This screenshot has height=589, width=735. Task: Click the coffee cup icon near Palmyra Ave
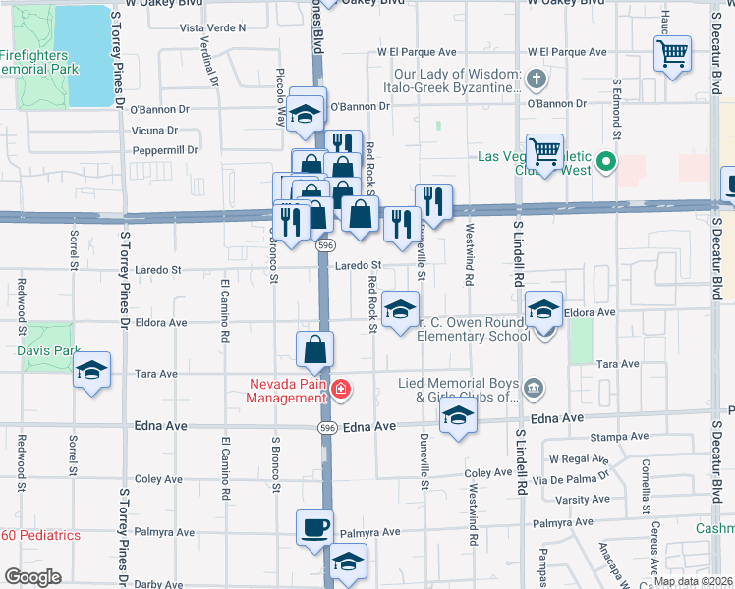(x=315, y=527)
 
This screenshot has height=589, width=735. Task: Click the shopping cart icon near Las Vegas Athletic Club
(x=544, y=151)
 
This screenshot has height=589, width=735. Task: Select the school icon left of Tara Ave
(x=92, y=370)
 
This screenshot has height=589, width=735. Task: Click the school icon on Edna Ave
(x=457, y=416)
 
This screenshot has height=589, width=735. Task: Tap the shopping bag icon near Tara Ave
(x=315, y=348)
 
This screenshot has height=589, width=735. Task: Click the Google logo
(x=32, y=577)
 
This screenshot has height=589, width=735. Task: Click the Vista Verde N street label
(x=213, y=28)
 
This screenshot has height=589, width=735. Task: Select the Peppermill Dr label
(x=164, y=150)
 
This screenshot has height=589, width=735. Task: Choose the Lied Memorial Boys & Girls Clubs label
(x=458, y=390)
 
